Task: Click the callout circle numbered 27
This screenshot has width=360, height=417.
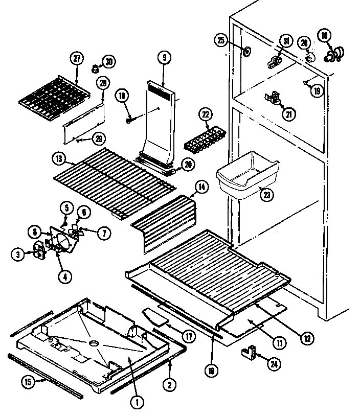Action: tap(77, 58)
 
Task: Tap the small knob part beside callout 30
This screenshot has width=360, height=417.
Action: tap(95, 67)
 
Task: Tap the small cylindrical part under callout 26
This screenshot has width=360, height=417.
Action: tap(309, 58)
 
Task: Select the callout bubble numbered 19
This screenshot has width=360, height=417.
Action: tap(317, 91)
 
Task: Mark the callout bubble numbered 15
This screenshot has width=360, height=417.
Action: tap(29, 381)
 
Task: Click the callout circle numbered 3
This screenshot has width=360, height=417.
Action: tap(18, 254)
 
